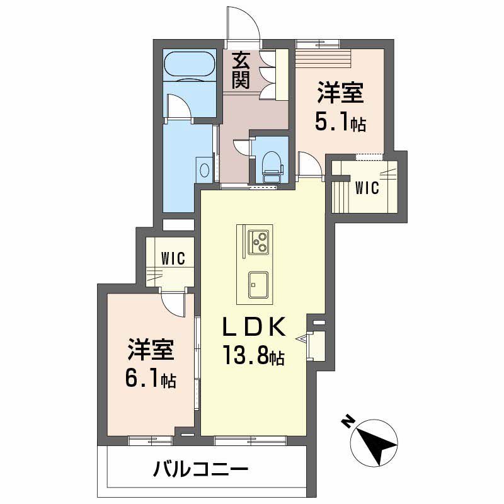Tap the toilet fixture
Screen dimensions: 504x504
pos(272,165)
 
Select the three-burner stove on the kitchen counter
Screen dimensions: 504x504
pos(260,241)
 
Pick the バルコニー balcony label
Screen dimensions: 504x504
pos(200,469)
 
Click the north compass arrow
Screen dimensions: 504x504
pos(377,442)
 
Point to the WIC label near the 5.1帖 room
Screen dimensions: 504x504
pos(366,188)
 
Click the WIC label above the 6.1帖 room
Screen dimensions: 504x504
pos(171,258)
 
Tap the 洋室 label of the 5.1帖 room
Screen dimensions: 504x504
pos(340,93)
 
